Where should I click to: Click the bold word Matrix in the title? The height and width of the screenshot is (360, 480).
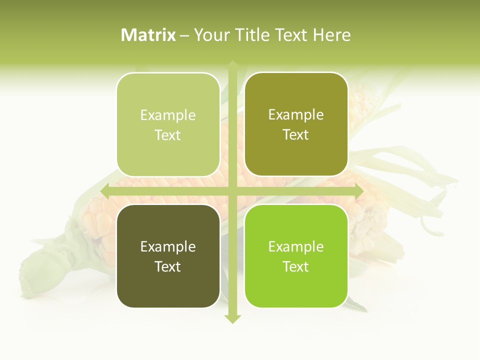tap(148, 35)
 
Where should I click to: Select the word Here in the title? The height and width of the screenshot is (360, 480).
tap(332, 35)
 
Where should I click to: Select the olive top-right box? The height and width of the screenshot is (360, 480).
tap(296, 155)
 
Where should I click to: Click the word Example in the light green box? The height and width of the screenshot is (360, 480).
tap(168, 115)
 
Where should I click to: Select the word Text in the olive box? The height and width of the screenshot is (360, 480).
tap(296, 135)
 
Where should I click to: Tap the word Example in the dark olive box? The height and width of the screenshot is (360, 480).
tap(168, 247)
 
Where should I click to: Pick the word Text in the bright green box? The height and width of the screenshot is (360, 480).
tap(296, 266)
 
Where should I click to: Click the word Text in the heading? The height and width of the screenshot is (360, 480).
tap(292, 35)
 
